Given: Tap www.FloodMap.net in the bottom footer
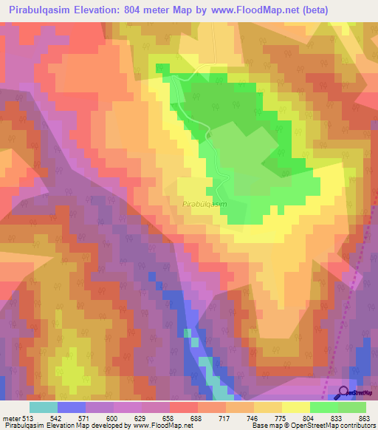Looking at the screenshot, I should click(159, 426).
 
